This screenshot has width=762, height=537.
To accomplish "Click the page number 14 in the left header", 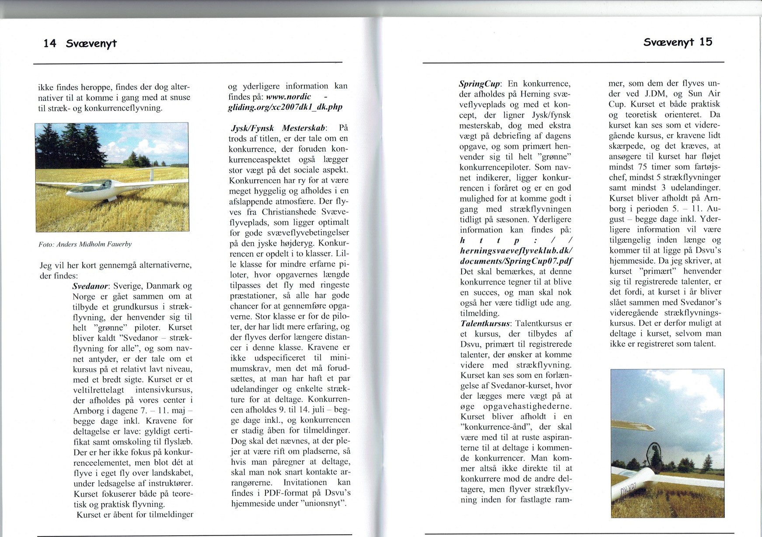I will pos(50,43).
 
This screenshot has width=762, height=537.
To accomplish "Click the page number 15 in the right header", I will pos(706,42).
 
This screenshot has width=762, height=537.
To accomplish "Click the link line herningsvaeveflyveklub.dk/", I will pos(516,251).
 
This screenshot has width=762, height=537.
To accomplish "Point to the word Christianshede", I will pos(287,212).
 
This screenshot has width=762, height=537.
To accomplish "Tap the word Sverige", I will pos(129,286).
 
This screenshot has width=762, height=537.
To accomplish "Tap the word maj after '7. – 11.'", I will pos(177,411).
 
